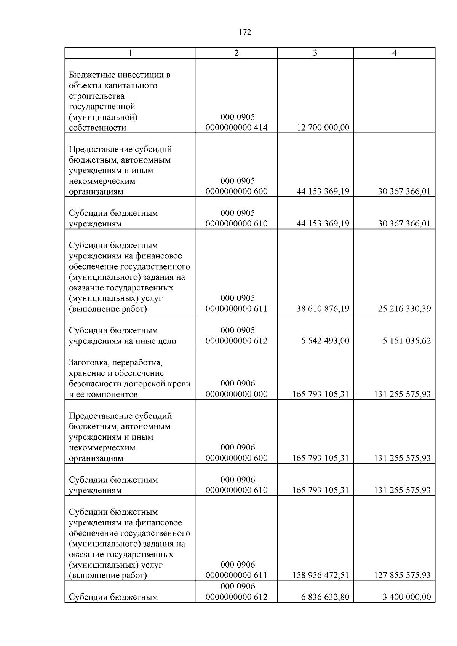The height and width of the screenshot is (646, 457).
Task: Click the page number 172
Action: (245, 32)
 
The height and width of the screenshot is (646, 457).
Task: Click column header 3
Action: (315, 53)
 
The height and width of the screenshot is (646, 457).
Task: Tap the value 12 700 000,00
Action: (323, 128)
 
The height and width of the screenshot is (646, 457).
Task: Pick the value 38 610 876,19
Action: (323, 309)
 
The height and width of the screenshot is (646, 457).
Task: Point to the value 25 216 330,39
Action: (404, 309)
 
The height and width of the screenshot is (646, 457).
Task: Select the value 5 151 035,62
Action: (406, 341)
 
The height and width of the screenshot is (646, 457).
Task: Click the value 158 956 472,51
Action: (320, 575)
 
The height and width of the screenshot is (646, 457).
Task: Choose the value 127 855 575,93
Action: (402, 575)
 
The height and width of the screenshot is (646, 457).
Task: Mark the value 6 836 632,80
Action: (325, 597)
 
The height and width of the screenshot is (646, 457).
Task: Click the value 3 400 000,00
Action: (406, 597)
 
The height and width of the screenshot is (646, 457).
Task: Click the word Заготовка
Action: (89, 362)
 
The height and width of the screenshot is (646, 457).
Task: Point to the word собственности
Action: (97, 128)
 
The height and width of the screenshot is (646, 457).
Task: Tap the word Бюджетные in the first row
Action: (89, 75)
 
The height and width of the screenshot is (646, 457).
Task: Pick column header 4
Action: (394, 53)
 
